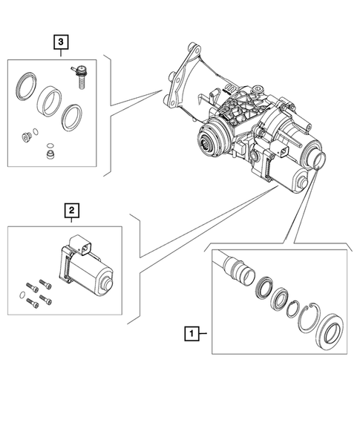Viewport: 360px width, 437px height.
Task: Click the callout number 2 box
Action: click(x=71, y=211)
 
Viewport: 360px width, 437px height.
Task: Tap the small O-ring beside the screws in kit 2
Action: click(x=23, y=301)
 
